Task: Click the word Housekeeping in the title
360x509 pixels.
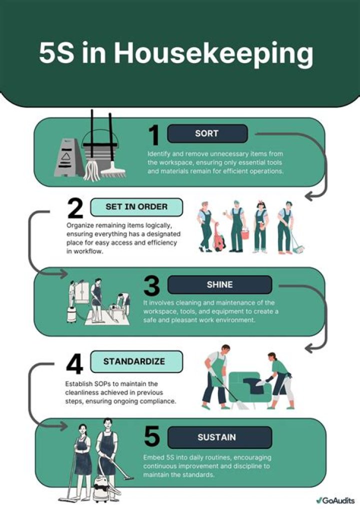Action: pos(213,54)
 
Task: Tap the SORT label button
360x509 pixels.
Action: pos(207,133)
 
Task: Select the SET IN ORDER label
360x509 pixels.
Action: pos(136,207)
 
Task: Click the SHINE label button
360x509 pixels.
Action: pos(219,284)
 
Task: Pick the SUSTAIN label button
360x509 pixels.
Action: pos(219,437)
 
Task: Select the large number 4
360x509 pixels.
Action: pos(74,363)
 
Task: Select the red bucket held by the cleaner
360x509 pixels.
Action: pos(245,233)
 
